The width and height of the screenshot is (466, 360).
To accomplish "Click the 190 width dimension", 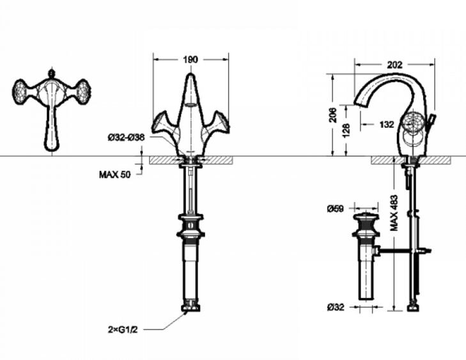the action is [190, 59].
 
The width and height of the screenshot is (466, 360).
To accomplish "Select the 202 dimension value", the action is [394, 65].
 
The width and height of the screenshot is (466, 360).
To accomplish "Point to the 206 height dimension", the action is [334, 114].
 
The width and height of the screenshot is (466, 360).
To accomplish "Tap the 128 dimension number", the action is [346, 130].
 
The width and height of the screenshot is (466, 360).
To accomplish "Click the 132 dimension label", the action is [387, 124].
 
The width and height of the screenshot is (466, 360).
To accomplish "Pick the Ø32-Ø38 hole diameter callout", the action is [127, 137].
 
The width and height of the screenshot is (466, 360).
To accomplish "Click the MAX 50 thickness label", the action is [114, 175].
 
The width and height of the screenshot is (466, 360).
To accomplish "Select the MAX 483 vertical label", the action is [394, 213].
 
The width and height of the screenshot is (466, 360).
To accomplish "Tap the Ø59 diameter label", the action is [335, 208].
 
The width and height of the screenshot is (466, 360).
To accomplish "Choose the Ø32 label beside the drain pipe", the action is [336, 307].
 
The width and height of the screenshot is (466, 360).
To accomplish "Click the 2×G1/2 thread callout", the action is [123, 329].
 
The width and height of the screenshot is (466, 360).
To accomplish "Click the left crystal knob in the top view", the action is [21, 91].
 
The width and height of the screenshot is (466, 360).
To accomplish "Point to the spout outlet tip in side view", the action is [361, 103].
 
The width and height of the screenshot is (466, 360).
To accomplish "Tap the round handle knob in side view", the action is [412, 122].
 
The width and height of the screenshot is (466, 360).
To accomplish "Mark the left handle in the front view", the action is [165, 124].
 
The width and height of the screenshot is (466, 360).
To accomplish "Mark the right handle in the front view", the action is [216, 124].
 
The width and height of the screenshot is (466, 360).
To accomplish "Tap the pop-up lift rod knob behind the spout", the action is [432, 118].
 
